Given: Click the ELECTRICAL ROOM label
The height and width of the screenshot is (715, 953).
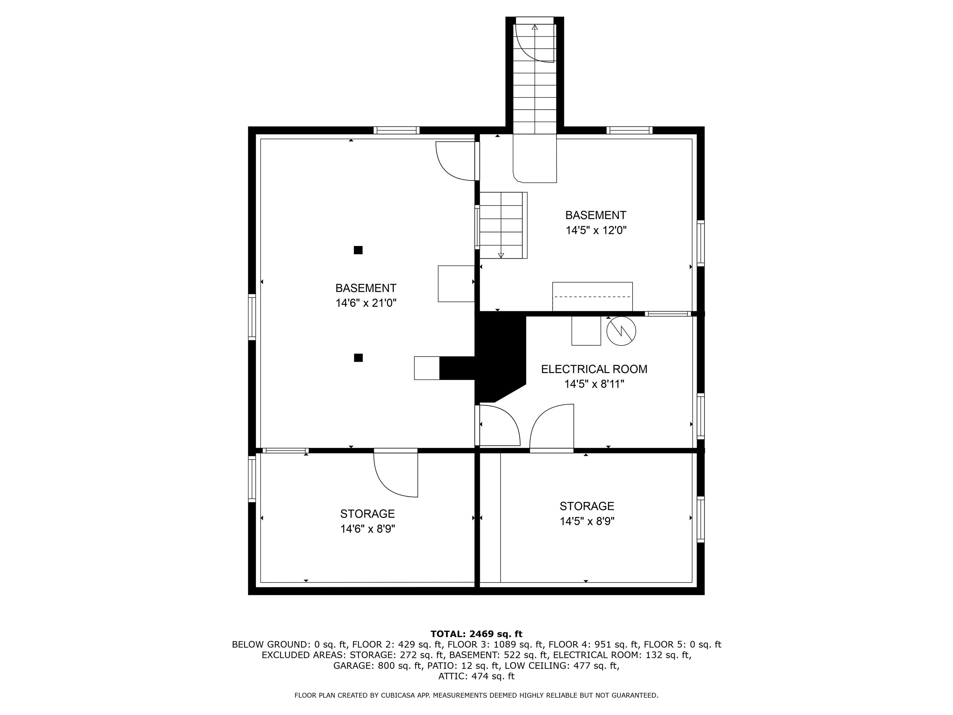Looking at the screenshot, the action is point(594,369).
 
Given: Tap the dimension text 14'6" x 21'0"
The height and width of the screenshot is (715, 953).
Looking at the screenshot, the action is point(366,303).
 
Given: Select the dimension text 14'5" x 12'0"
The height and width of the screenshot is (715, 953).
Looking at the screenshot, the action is point(596,230).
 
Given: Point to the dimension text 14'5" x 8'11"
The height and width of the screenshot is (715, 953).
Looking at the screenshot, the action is point(594,384).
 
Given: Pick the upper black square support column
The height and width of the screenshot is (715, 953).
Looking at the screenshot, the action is point(358,250).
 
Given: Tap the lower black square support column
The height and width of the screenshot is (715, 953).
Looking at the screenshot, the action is point(358,358).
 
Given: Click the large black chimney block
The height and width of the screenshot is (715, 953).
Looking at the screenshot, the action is point(500,358).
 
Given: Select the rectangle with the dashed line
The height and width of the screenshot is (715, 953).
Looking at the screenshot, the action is point(593,296).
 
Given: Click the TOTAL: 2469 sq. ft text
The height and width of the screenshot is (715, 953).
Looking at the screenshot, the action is point(476,634).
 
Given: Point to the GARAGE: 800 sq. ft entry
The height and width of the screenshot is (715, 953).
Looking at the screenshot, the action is point(378,665).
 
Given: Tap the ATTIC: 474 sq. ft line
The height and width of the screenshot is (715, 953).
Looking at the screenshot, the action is point(476,676).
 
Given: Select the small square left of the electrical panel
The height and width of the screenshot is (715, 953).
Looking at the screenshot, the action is point(586,331).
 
